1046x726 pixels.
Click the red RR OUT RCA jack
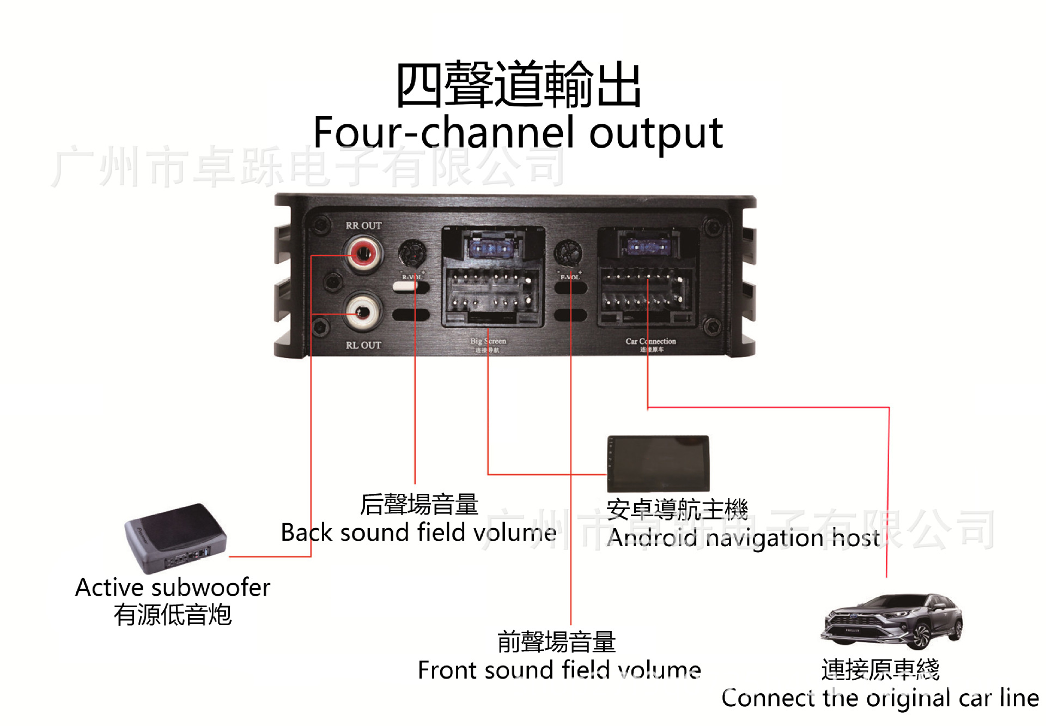pos(363,253)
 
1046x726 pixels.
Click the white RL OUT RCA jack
pos(363,312)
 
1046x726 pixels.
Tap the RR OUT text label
pos(363,225)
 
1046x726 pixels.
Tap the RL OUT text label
pos(363,345)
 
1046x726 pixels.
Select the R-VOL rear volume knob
pos(412,253)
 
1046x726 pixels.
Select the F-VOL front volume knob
pos(568,252)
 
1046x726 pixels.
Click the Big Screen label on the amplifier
pos(488,341)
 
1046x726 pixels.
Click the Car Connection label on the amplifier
pos(650,341)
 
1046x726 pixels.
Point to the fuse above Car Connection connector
pos(647,247)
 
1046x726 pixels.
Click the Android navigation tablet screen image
pos(659,463)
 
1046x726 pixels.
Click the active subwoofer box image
pos(175,537)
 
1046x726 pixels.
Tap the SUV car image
pos(892,621)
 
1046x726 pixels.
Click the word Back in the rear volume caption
pos(306,533)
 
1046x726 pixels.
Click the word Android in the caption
pos(652,538)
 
